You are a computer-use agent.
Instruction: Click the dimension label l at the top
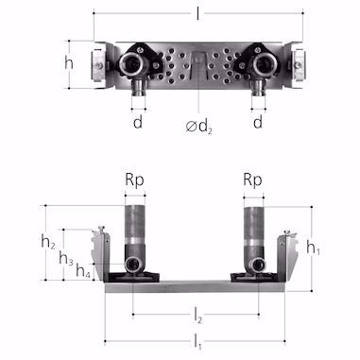(197, 13)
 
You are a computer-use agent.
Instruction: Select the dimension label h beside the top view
(69, 63)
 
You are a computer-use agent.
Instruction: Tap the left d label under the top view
(138, 122)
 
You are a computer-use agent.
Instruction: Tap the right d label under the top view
(258, 122)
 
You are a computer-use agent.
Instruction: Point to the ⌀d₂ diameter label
(199, 127)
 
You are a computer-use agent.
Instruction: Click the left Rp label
(134, 180)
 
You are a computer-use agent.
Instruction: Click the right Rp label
(252, 180)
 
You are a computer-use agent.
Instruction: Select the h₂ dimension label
(48, 242)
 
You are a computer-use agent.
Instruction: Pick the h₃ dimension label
(66, 259)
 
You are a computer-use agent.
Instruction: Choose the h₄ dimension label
(83, 270)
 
